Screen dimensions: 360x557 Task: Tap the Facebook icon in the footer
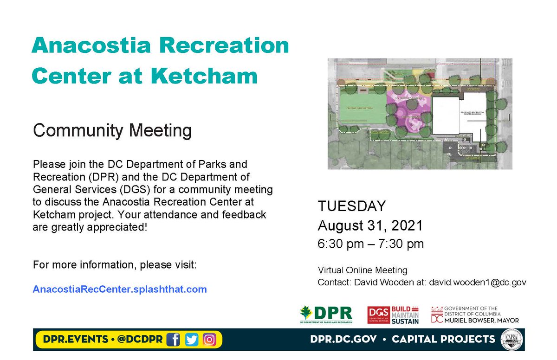tap(174, 340)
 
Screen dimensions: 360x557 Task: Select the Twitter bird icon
tap(191, 340)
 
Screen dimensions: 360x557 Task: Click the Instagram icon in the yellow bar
tap(209, 340)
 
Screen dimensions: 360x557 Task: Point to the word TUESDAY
tap(351, 206)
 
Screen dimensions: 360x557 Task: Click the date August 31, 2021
tap(370, 225)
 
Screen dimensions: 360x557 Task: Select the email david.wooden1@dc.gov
tap(477, 282)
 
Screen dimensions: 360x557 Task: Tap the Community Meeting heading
tap(112, 130)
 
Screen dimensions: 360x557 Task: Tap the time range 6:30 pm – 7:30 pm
tap(370, 244)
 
